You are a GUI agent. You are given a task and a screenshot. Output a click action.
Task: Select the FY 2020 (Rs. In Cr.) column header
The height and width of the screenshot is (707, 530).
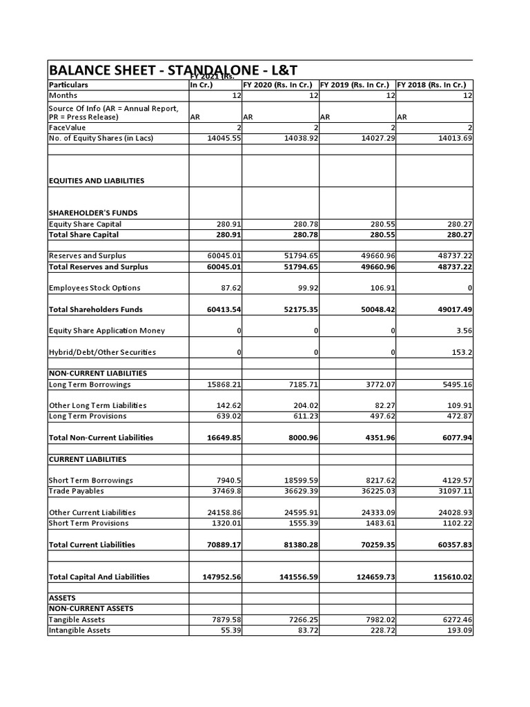pos(279,85)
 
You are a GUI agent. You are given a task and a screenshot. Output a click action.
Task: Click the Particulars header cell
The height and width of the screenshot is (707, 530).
pos(68,85)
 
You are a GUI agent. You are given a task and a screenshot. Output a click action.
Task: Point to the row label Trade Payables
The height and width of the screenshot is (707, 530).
pos(76,491)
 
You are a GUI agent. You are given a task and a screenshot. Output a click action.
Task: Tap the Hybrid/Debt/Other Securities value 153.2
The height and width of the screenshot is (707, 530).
pos(462,352)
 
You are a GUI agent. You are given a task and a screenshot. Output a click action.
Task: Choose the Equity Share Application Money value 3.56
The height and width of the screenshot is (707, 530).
pos(463,331)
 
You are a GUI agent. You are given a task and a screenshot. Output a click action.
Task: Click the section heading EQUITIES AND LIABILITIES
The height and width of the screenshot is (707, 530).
pos(96,181)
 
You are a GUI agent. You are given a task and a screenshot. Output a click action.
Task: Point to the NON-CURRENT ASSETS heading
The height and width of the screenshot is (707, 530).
pos(90,608)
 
